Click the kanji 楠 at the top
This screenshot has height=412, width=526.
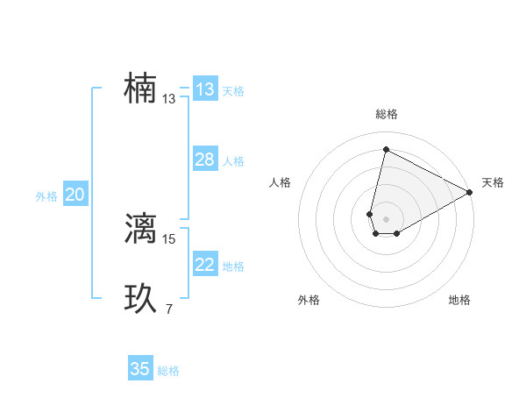[140, 89]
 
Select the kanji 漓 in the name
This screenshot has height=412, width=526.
[140, 228]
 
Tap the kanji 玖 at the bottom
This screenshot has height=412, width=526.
[140, 299]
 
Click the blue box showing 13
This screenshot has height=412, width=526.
[205, 89]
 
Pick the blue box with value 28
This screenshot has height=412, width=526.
[205, 160]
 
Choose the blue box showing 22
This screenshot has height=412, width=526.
[205, 265]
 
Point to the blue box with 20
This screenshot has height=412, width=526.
[75, 195]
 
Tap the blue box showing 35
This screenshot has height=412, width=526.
[140, 369]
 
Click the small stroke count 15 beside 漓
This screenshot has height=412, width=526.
[169, 238]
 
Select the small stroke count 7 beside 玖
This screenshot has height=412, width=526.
[168, 309]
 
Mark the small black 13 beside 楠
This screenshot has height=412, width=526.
[169, 99]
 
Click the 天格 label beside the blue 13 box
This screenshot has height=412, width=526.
[233, 90]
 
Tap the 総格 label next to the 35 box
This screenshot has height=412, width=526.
[168, 370]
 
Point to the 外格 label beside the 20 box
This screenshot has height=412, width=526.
[46, 196]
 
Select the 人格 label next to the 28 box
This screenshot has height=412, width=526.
[233, 161]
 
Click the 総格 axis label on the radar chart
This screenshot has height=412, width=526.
[387, 114]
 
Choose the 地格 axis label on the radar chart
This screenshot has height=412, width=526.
[459, 301]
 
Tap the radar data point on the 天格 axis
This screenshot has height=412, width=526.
[470, 193]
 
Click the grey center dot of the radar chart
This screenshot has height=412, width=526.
[386, 219]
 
